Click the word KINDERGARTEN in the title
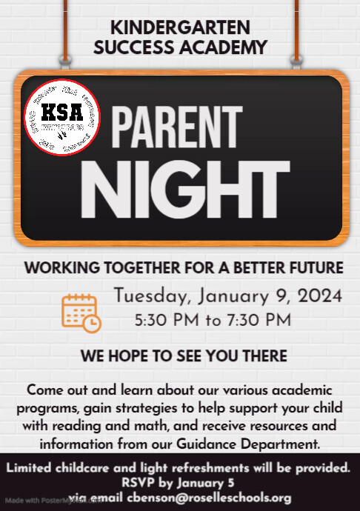[180, 28]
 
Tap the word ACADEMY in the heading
[225, 48]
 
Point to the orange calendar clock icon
[81, 313]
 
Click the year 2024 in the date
[320, 297]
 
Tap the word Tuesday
[151, 298]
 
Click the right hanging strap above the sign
[296, 30]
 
